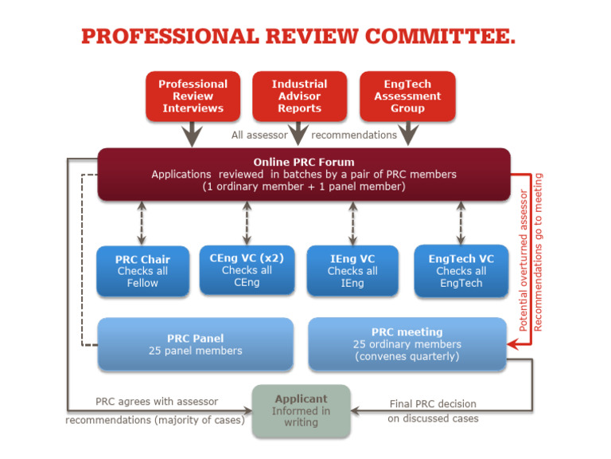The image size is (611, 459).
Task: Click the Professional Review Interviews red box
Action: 193,96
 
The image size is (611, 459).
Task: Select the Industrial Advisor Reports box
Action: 299,96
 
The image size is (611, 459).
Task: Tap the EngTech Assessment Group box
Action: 407,96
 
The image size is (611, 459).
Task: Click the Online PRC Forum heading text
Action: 304,162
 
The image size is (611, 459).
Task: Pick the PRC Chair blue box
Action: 142,271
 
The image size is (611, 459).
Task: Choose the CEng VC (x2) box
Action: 247,269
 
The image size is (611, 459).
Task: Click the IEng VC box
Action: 352,271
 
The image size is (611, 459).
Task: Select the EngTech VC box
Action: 461,270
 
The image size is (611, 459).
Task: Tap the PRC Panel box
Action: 195,344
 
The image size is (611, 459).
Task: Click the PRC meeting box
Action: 407,343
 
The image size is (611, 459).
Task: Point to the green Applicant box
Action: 301,410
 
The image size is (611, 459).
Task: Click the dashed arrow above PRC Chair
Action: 143,222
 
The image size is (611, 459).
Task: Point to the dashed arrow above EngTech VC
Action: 461,222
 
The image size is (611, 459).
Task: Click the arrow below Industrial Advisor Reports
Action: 299,132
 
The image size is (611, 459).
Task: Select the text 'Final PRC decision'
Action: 434,404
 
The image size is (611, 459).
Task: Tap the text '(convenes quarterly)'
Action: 407,357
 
